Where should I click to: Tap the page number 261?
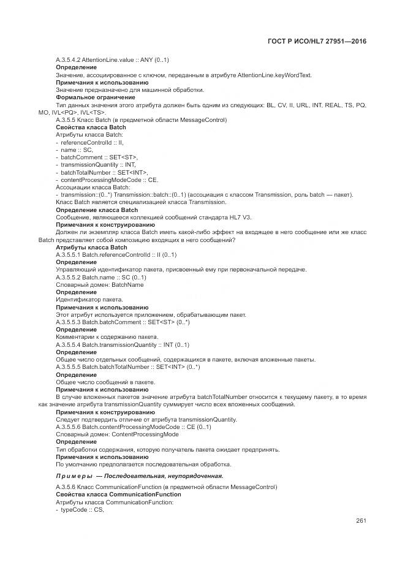[x=360, y=521]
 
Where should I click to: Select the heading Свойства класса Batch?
[x=91, y=127]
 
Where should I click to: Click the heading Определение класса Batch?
[x=97, y=210]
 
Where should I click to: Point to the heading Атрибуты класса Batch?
[x=91, y=247]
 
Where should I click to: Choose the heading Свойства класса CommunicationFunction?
[x=118, y=494]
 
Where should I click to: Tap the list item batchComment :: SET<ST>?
[x=99, y=157]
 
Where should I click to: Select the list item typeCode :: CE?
[x=82, y=509]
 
